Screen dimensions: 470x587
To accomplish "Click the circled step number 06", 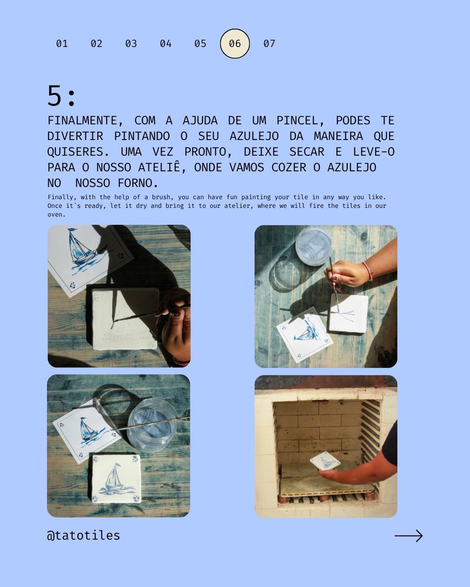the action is (235, 43).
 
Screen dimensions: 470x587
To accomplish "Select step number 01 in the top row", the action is (62, 43).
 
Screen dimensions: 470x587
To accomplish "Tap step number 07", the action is (269, 43).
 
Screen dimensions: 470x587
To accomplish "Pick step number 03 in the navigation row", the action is (131, 43).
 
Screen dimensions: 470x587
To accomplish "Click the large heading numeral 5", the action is (54, 96).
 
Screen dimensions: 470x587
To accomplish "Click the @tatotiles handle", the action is (84, 535).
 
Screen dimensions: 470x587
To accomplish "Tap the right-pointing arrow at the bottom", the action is (409, 536).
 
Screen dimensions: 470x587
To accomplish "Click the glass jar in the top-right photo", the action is (314, 246).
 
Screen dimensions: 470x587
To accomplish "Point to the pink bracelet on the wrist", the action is (368, 271).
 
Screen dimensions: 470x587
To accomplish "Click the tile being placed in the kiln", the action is (325, 461).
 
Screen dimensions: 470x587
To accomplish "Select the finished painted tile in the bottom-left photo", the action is (117, 479).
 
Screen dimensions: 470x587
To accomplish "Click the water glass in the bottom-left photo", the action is (152, 424).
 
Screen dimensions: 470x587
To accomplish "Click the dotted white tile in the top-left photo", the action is (125, 319).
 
